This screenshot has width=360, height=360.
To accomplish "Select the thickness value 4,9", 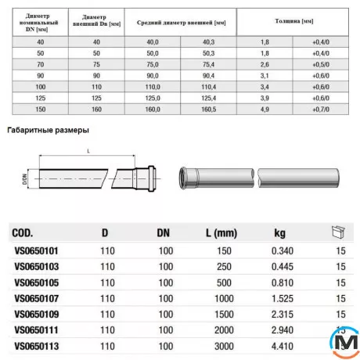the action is [x=265, y=110].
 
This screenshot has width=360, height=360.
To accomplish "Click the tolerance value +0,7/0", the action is [x=321, y=110].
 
